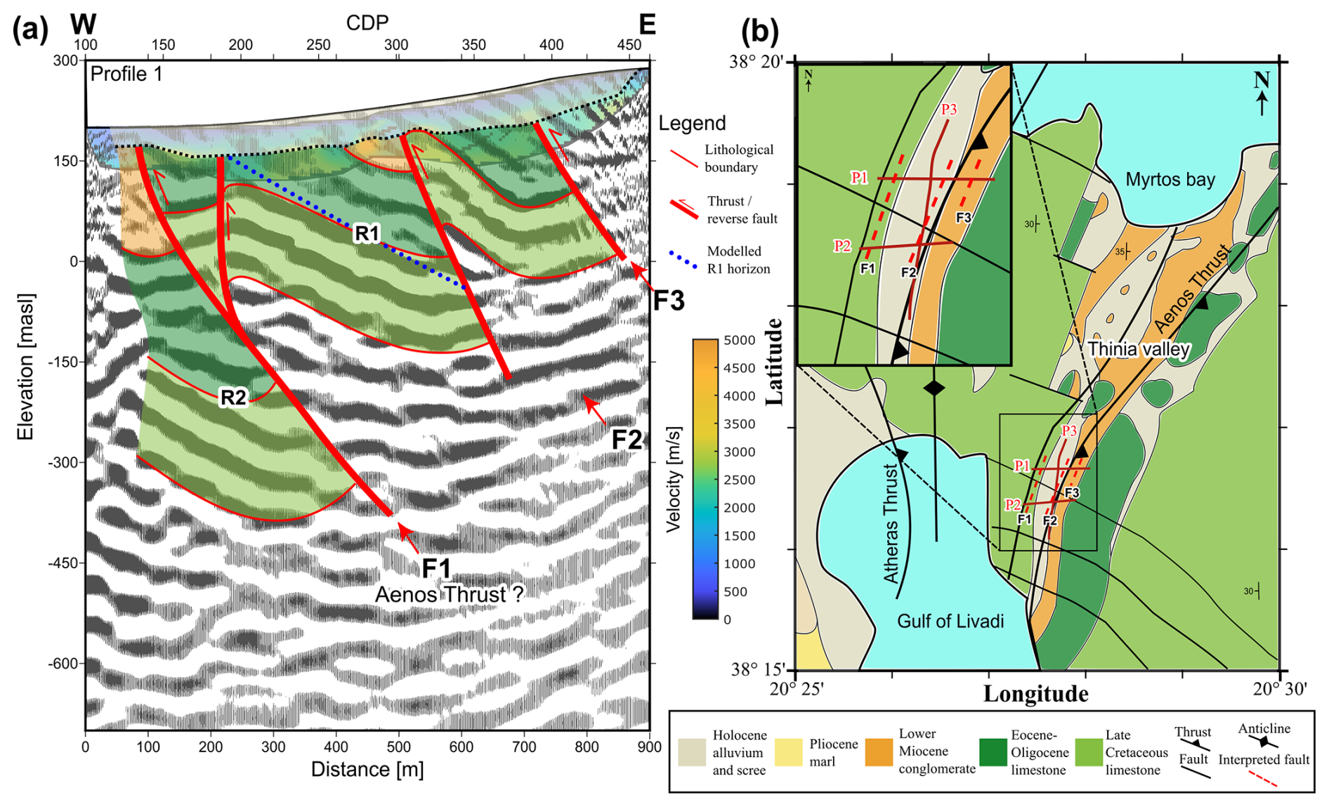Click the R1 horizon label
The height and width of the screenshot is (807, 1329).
367,233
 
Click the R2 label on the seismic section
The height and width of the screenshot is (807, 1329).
233,398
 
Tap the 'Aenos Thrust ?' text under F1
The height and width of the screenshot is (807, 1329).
449,594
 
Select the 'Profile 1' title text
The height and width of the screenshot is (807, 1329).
126,74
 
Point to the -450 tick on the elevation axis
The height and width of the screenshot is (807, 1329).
64,563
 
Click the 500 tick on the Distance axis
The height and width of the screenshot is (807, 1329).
398,747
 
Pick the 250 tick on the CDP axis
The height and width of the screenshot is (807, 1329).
317,45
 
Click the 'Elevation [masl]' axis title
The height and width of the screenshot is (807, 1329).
26,367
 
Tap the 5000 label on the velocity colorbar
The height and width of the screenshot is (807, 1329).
739,341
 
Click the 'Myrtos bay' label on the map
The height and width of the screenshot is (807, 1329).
1170,179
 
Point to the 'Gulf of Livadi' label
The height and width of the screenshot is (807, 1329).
950,621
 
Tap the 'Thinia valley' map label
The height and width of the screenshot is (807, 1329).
1139,349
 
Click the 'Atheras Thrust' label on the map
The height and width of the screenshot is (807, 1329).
891,523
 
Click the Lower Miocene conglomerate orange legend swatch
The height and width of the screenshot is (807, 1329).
879,752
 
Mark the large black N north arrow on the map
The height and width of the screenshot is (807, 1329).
1262,91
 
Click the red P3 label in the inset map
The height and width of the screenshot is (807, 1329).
948,109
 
